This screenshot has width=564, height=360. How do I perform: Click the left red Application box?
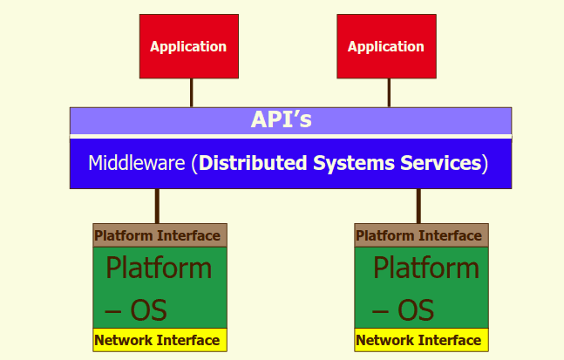(189, 46)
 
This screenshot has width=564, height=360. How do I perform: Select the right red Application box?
(387, 46)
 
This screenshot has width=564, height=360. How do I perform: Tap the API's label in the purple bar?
(282, 119)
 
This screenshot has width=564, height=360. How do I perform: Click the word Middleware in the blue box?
(137, 163)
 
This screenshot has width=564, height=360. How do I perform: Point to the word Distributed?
(253, 163)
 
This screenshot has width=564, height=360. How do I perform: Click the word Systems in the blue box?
(354, 164)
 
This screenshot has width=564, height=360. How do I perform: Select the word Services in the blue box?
(440, 163)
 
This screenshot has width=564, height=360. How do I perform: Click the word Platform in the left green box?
(159, 268)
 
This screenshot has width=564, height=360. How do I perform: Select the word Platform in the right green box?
(426, 268)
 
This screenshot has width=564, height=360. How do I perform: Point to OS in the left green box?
(148, 310)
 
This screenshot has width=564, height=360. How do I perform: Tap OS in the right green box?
(416, 310)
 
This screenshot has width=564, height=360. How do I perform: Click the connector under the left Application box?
(192, 92)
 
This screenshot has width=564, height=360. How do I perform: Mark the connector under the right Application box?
(389, 92)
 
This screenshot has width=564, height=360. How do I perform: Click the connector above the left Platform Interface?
(157, 206)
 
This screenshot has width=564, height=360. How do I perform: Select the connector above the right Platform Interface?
(418, 206)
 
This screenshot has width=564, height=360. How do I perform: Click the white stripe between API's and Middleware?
(290, 136)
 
